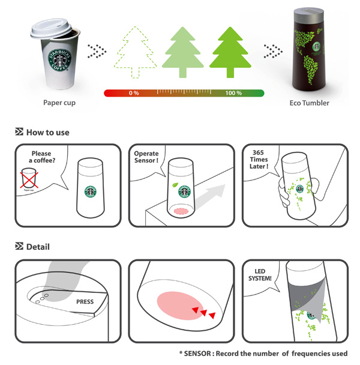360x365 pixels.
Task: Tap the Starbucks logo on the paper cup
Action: [x=60, y=60]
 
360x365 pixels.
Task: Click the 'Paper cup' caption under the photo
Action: [x=59, y=103]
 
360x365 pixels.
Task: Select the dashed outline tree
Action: [x=135, y=52]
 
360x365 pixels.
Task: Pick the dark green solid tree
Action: [x=230, y=52]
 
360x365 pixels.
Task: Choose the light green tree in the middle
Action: [x=182, y=52]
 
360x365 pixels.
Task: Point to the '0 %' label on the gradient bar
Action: [x=134, y=93]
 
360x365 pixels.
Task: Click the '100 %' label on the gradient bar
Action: [x=233, y=93]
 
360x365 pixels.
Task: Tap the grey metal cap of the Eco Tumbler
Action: [x=308, y=16]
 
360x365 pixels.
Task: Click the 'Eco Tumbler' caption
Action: [x=309, y=103]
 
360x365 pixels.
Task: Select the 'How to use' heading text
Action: [x=48, y=133]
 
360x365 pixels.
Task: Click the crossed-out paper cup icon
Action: [x=29, y=178]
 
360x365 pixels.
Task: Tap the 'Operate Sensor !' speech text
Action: [x=146, y=157]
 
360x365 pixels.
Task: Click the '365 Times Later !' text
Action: [x=259, y=160]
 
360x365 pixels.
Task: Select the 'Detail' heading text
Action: [x=38, y=247]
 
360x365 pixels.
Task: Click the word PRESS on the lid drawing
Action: [x=85, y=302]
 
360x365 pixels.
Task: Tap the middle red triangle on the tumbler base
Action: [x=203, y=313]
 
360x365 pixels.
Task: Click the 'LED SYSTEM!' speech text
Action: [x=260, y=275]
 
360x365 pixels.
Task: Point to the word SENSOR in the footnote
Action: [x=197, y=354]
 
